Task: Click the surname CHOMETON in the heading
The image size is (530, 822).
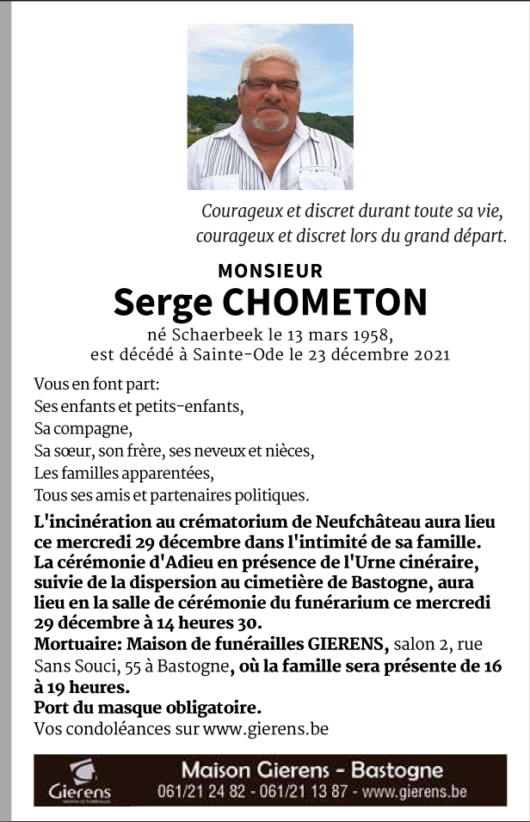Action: tap(324, 302)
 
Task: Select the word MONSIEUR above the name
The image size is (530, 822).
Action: tap(270, 271)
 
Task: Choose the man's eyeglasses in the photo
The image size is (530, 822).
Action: tap(269, 85)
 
